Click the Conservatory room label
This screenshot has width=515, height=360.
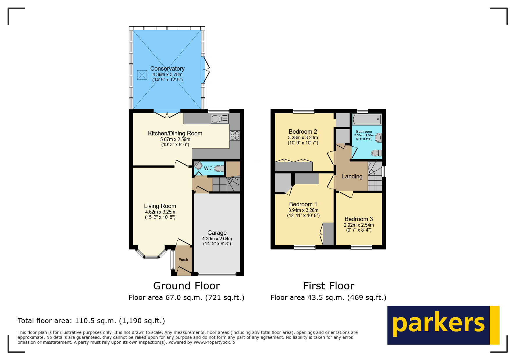167,69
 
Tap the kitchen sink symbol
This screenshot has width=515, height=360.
220,119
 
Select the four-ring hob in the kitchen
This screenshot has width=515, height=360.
235,135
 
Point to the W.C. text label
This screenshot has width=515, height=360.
208,168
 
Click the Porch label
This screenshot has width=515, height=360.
183,260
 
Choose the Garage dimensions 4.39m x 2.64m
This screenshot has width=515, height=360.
217,239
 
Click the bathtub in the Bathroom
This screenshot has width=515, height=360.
366,119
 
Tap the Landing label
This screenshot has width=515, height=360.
352,176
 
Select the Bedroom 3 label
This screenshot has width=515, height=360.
359,219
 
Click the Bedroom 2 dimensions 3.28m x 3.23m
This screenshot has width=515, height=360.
303,138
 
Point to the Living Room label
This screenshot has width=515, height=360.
160,206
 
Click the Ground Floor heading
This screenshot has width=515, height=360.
186,286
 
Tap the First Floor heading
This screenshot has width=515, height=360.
328,286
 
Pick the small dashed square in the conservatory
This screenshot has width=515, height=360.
142,75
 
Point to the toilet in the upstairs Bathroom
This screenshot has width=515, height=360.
376,153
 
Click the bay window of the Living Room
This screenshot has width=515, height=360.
151,256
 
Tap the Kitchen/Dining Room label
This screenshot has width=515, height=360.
175,133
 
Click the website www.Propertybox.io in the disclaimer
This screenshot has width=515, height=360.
214,342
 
